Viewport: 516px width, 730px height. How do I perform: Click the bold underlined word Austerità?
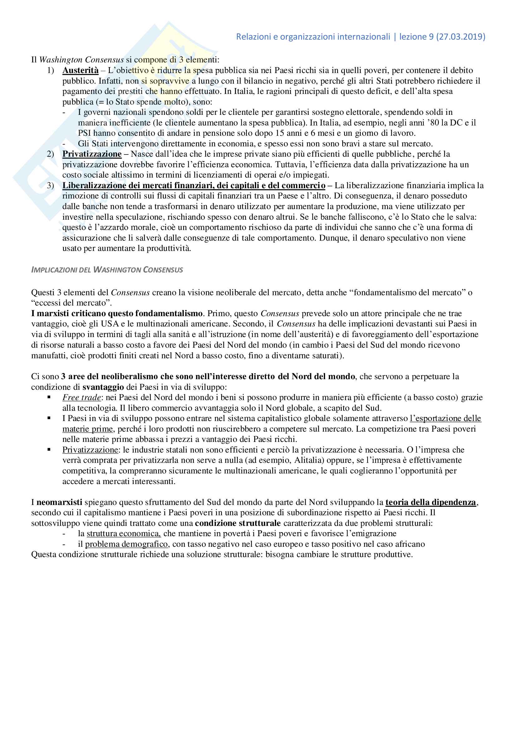pyautogui.click(x=80, y=70)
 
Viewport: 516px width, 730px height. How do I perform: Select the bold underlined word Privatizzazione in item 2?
pyautogui.click(x=92, y=154)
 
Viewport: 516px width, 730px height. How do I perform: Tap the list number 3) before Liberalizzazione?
pyautogui.click(x=51, y=185)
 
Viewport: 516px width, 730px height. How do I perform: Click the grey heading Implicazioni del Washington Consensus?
pyautogui.click(x=107, y=270)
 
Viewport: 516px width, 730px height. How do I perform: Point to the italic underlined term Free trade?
pyautogui.click(x=82, y=397)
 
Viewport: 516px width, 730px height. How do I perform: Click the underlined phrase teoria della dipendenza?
pyautogui.click(x=431, y=502)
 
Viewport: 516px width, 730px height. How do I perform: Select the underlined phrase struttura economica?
pyautogui.click(x=124, y=533)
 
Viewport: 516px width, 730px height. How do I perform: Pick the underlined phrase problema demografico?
pyautogui.click(x=126, y=544)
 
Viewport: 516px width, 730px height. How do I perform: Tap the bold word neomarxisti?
pyautogui.click(x=59, y=502)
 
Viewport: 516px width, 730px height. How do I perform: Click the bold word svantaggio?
pyautogui.click(x=103, y=387)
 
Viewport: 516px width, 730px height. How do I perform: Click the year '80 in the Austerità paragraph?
pyautogui.click(x=432, y=122)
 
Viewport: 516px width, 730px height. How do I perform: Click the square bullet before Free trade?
pyautogui.click(x=49, y=397)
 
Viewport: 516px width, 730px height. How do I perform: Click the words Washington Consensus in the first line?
pyautogui.click(x=81, y=60)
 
